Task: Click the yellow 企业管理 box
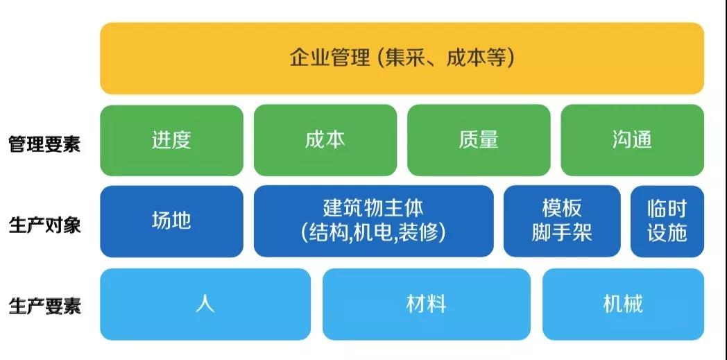pyautogui.click(x=402, y=58)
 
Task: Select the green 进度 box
pyautogui.click(x=171, y=140)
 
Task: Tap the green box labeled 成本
pyautogui.click(x=325, y=140)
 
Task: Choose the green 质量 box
pyautogui.click(x=479, y=140)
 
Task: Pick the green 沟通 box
pyautogui.click(x=633, y=140)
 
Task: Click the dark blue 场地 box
pyautogui.click(x=171, y=221)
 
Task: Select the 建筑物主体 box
pyautogui.click(x=374, y=221)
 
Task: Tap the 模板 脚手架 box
pyautogui.click(x=562, y=221)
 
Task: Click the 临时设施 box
pyautogui.click(x=667, y=221)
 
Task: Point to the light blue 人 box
pyautogui.click(x=205, y=305)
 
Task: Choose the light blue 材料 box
pyautogui.click(x=427, y=305)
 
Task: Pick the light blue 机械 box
pyautogui.click(x=623, y=305)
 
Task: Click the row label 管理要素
pyautogui.click(x=44, y=144)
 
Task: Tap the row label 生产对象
pyautogui.click(x=44, y=225)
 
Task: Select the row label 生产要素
pyautogui.click(x=44, y=307)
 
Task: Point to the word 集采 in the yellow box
pyautogui.click(x=404, y=59)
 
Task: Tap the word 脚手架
pyautogui.click(x=562, y=232)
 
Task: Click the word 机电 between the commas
pyautogui.click(x=374, y=232)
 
